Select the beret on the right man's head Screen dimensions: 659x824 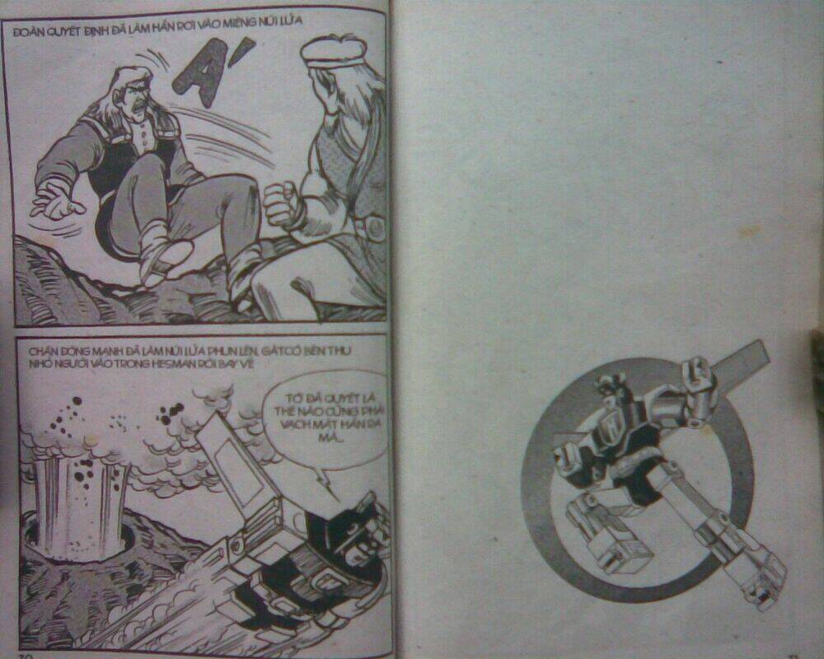click(332, 52)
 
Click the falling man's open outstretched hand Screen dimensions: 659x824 click(56, 200)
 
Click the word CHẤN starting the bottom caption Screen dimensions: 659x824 click(41, 349)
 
